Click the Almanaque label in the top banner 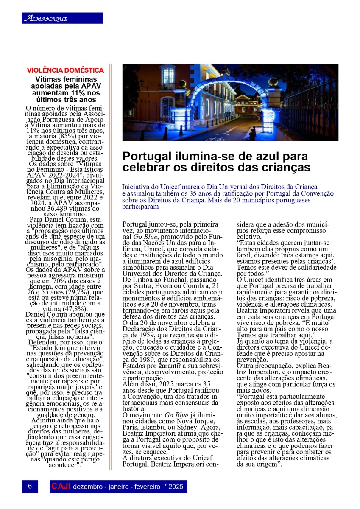pos(46,18)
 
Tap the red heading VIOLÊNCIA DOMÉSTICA pos(65,70)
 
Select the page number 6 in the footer pos(30,487)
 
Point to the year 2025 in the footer pos(176,487)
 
